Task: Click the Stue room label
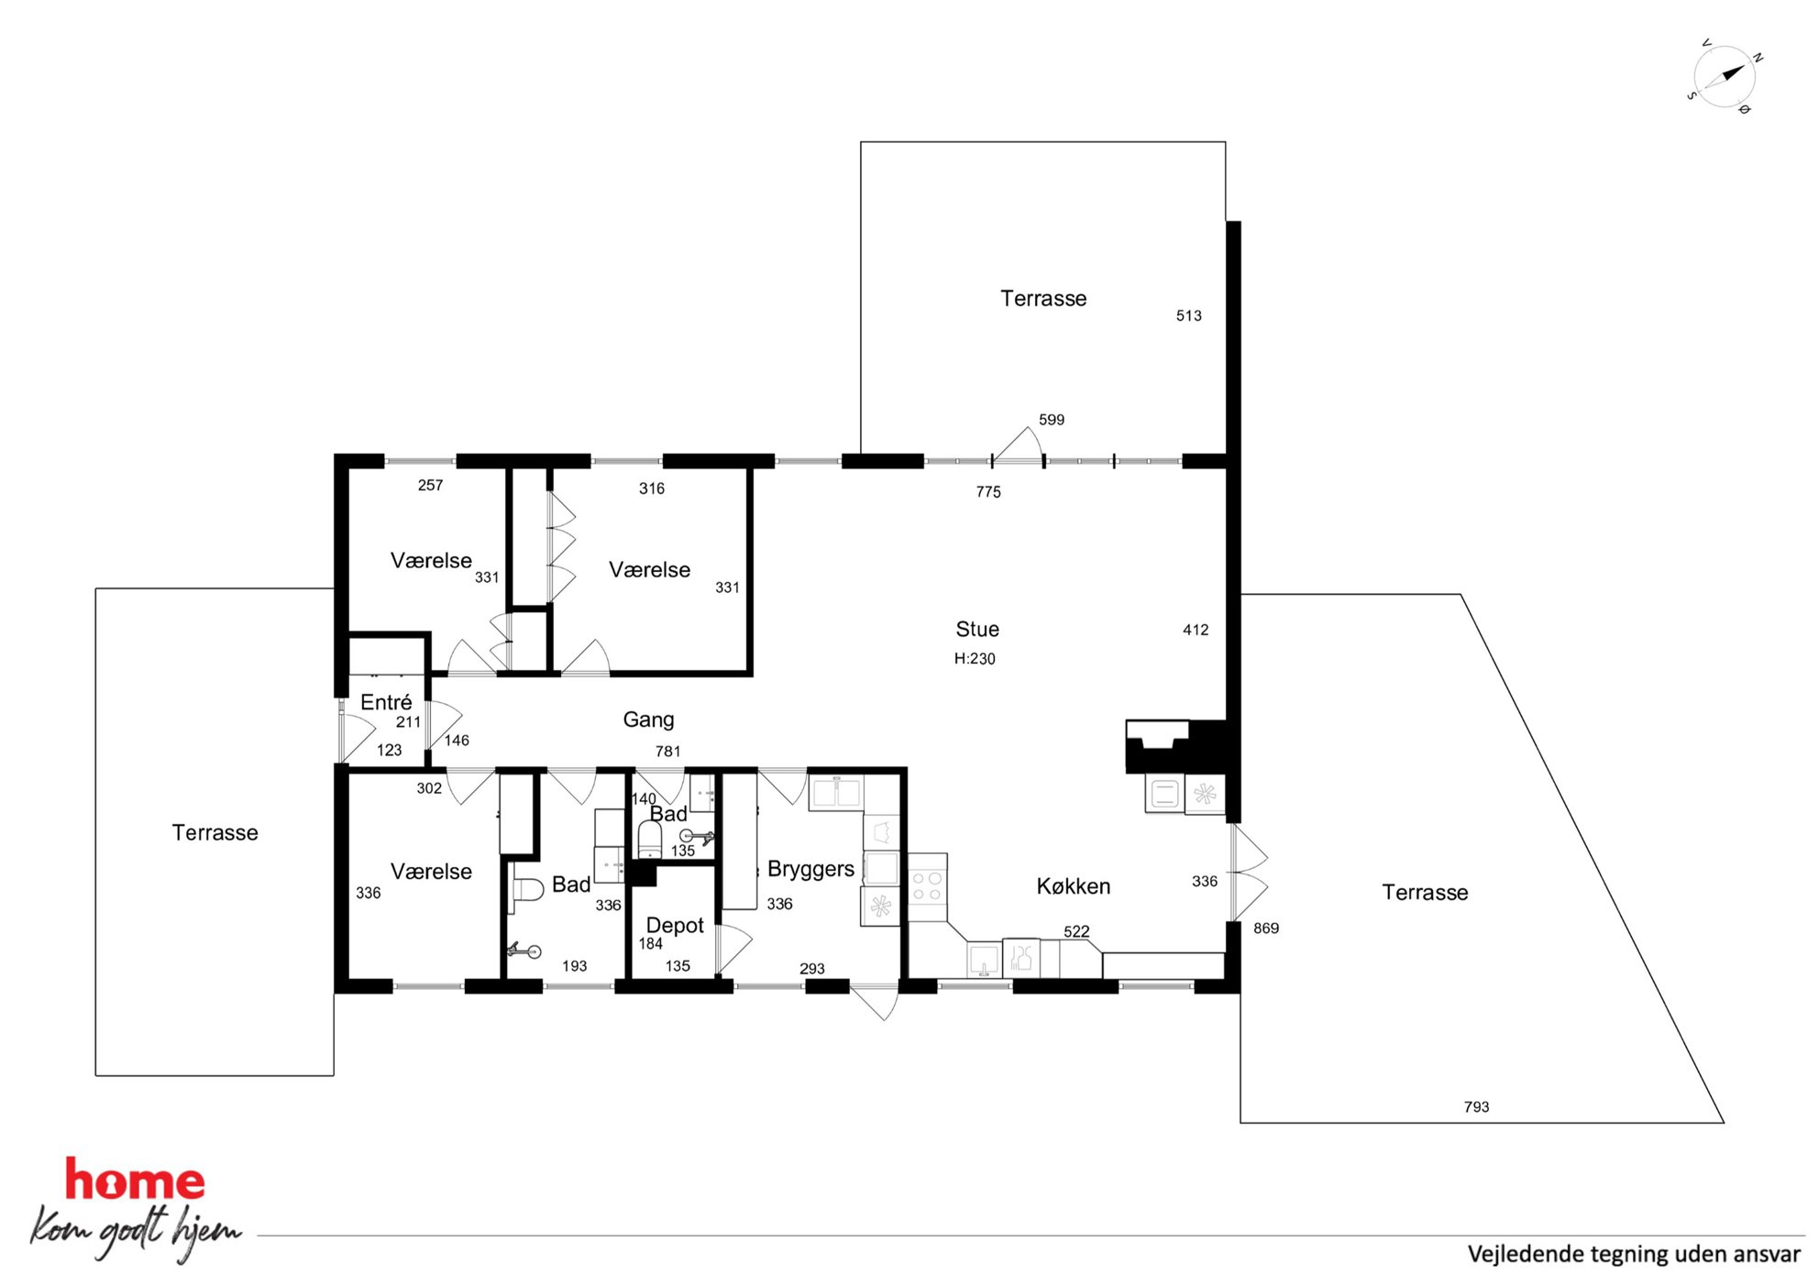point(977,629)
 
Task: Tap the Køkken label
point(1074,886)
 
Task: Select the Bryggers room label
point(810,869)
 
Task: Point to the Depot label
point(675,925)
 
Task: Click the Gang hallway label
point(648,720)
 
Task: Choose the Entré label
point(386,702)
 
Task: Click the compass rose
point(1725,77)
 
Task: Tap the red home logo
point(135,1181)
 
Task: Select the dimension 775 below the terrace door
point(988,492)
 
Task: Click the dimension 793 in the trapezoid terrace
point(1476,1107)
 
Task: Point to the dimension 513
point(1189,315)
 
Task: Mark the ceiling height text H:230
point(975,658)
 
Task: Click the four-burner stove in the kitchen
point(927,886)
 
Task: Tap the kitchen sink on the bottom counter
point(984,960)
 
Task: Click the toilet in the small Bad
point(650,839)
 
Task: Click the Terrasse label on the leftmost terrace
point(215,832)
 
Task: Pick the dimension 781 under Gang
point(668,752)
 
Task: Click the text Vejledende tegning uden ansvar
point(1634,1254)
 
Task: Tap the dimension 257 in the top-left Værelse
point(430,486)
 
